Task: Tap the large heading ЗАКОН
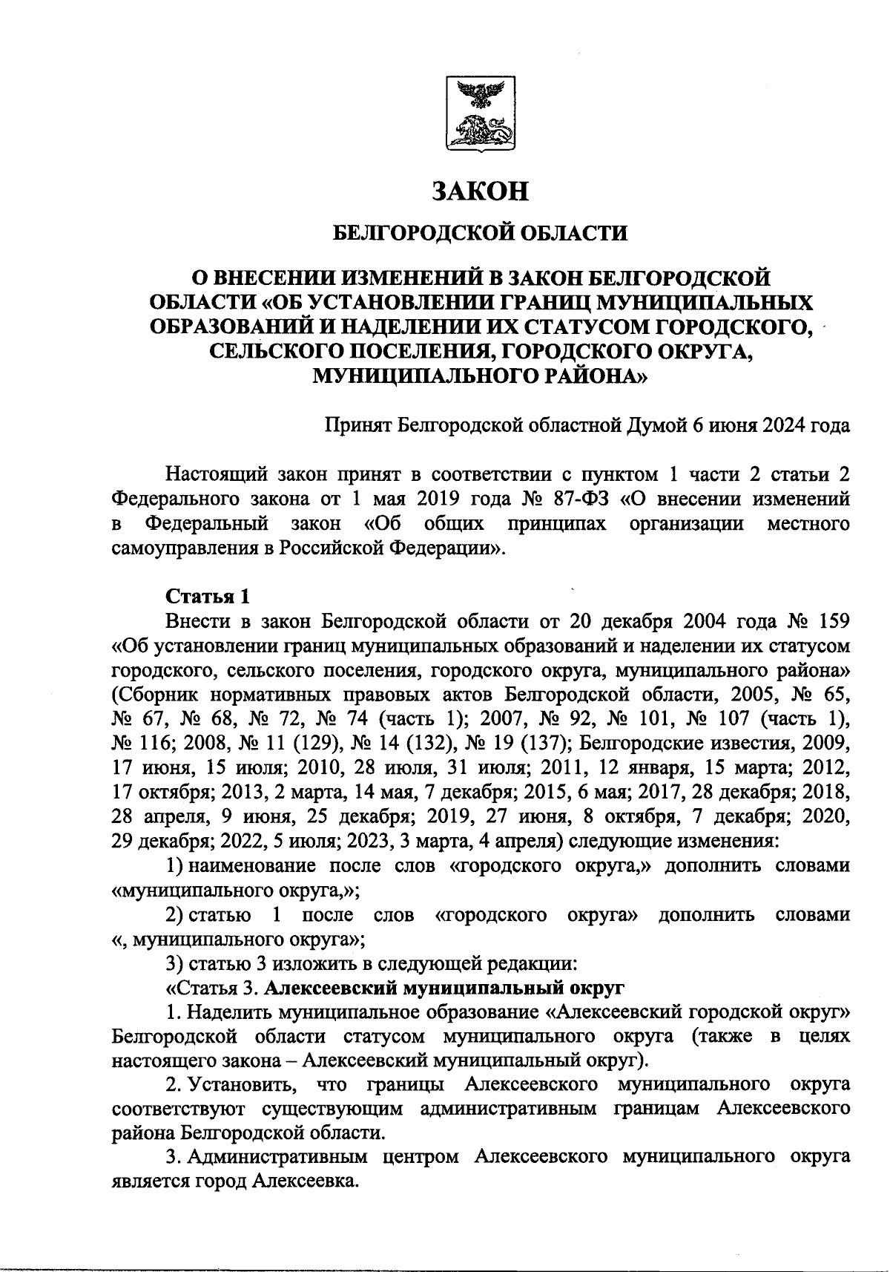pyautogui.click(x=480, y=191)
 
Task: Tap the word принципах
pyautogui.click(x=556, y=523)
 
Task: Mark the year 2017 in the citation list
pyautogui.click(x=662, y=793)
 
